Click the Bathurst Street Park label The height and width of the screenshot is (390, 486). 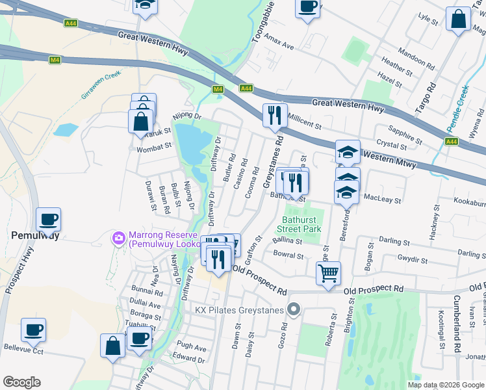(300, 224)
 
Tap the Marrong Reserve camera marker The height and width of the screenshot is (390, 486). (119, 239)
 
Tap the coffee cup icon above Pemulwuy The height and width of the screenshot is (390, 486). (48, 220)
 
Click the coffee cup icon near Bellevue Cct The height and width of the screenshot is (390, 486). (33, 330)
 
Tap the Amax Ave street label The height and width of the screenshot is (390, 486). (279, 43)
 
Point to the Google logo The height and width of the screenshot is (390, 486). (22, 382)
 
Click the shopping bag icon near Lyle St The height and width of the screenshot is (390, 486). (458, 19)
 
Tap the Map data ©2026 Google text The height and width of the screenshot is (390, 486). (445, 385)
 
